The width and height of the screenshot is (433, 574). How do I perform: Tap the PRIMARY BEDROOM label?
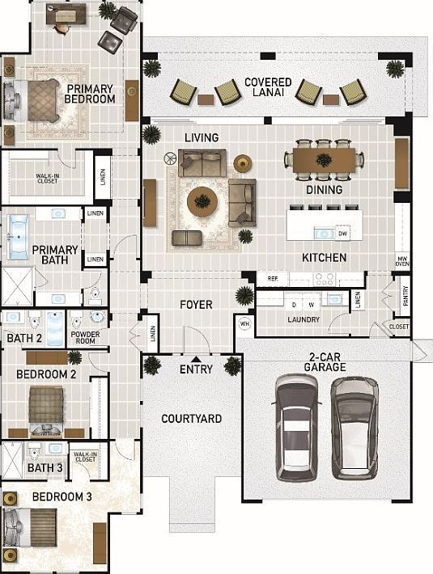point(90,94)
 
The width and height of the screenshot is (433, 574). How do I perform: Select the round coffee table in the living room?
point(202,201)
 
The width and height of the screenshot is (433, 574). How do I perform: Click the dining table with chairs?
point(324,160)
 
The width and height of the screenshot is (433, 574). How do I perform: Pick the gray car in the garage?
point(354,424)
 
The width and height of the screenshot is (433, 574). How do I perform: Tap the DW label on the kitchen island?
point(342,234)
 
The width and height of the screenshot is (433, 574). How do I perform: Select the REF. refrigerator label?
point(272,278)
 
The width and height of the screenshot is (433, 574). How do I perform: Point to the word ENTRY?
point(197,369)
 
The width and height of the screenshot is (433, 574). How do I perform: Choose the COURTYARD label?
point(191,419)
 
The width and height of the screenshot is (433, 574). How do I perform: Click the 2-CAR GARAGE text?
point(326,361)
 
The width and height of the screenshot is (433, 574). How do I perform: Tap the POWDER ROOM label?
point(86,337)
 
